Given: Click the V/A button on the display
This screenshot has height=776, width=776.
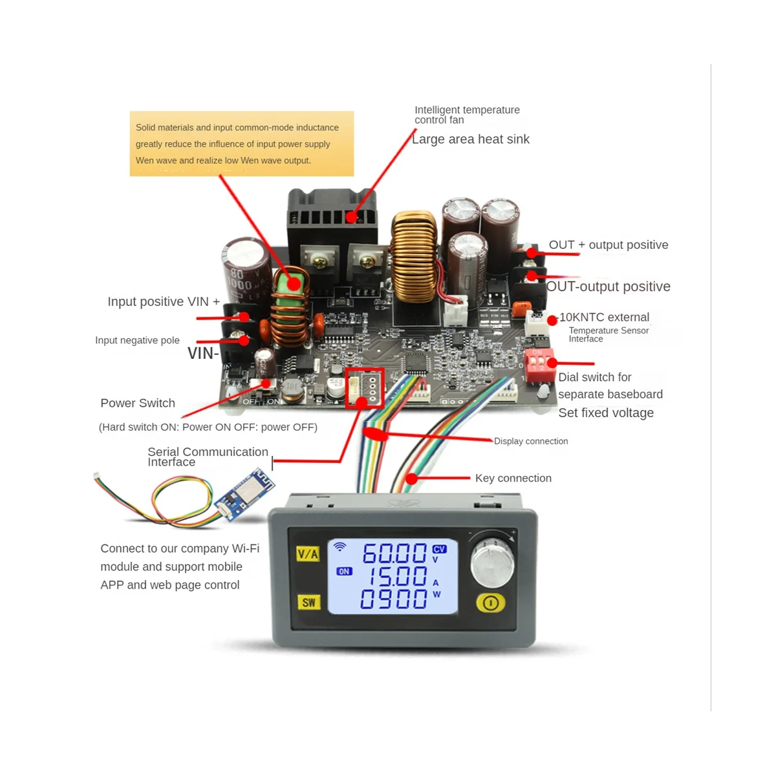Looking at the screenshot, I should click(x=308, y=554).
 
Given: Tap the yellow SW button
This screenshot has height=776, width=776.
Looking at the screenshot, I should click(x=308, y=602).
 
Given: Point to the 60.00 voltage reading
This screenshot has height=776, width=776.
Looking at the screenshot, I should click(x=394, y=554).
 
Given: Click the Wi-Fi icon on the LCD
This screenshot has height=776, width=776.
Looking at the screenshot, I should click(x=339, y=547).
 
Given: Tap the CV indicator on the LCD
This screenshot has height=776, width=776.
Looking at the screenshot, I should click(x=439, y=549).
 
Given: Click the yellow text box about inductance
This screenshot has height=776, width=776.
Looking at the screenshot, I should click(x=242, y=144).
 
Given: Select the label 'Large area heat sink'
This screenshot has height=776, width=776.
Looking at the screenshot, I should click(x=470, y=139).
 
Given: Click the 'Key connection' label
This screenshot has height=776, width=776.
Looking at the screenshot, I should click(x=513, y=478).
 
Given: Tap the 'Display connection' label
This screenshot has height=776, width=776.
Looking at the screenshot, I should click(x=531, y=441).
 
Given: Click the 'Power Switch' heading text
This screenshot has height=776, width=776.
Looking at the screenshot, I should click(x=138, y=403).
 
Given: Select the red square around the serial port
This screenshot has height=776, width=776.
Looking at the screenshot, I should click(x=365, y=388).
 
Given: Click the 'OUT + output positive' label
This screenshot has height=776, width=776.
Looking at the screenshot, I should click(x=608, y=245).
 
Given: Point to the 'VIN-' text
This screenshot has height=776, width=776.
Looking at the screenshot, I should click(x=203, y=353).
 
